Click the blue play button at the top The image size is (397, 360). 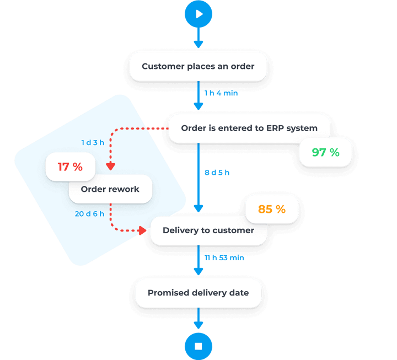[198, 14]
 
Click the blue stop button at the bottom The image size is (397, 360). [198, 346]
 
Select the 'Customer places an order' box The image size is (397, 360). [198, 67]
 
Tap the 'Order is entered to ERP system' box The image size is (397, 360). [249, 128]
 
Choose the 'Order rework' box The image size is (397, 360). [110, 189]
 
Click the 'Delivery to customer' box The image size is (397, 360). [208, 230]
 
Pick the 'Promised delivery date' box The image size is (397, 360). [198, 292]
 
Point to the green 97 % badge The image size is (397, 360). [325, 152]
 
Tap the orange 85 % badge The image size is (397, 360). [272, 209]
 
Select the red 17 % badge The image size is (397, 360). [71, 166]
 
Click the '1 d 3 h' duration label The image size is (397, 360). [93, 143]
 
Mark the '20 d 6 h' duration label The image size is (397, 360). [89, 214]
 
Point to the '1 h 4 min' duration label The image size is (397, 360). [221, 93]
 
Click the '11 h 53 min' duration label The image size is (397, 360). [224, 258]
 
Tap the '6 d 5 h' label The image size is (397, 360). [217, 173]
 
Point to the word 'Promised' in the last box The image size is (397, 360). [166, 292]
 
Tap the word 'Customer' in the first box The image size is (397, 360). [162, 67]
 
